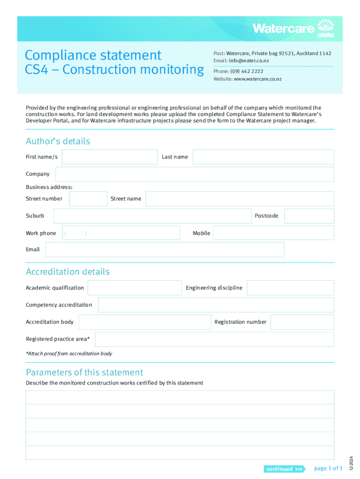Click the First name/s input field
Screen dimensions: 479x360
point(110,157)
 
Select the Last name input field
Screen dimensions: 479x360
point(263,157)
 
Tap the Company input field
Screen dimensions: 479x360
point(194,174)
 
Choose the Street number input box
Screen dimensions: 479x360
point(88,199)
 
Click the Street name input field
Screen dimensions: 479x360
point(239,199)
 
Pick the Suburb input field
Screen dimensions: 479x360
point(152,216)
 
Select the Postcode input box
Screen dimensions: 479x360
point(309,216)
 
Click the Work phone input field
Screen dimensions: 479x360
point(121,233)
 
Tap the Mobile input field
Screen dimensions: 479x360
point(274,233)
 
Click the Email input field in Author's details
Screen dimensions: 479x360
point(165,250)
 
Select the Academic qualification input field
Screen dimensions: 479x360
point(135,288)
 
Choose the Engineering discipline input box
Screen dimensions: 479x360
point(290,288)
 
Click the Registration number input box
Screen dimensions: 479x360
point(302,322)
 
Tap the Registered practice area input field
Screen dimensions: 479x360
point(214,339)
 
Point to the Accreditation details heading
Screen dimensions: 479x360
point(68,272)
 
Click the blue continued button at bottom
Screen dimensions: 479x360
point(284,469)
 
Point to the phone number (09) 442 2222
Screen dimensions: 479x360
point(246,72)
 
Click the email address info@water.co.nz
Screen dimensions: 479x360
point(249,61)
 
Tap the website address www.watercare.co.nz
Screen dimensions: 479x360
point(258,79)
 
